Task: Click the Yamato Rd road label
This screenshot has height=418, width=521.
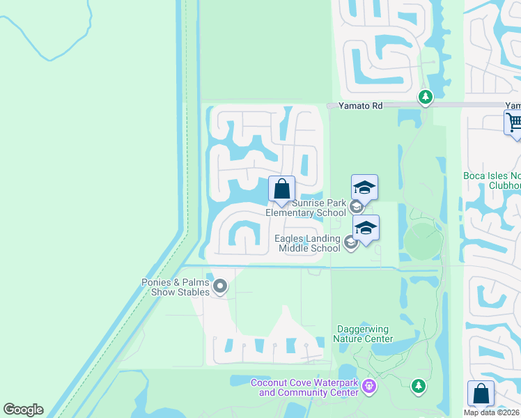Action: [x=361, y=106]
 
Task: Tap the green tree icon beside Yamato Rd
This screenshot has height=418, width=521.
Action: [x=425, y=97]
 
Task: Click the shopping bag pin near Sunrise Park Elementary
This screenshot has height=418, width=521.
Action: [x=281, y=189]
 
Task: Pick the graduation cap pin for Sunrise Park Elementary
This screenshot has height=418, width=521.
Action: [x=364, y=187]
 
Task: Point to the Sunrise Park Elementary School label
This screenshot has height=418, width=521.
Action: [x=306, y=208]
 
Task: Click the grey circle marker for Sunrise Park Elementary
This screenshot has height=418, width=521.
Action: [x=356, y=206]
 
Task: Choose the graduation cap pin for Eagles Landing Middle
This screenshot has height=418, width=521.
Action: [x=366, y=227]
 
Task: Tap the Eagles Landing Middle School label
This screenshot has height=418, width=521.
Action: [x=307, y=243]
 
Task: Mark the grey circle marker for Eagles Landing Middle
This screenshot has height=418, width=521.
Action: [x=350, y=242]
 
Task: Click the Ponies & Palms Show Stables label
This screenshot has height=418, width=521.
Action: [x=175, y=287]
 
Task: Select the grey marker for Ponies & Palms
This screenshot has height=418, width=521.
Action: [x=221, y=286]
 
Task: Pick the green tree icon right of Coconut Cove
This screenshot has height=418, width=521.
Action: [x=418, y=386]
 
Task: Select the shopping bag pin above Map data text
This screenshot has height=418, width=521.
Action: [x=481, y=393]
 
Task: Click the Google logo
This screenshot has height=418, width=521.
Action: [x=23, y=410]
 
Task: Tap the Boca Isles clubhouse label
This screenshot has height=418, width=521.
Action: [x=492, y=180]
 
